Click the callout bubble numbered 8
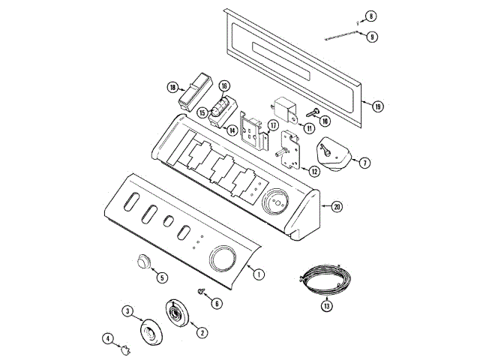pyautogui.click(x=371, y=16)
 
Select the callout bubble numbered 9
pyautogui.click(x=372, y=36)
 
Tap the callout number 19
pyautogui.click(x=377, y=106)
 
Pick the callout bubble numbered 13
pyautogui.click(x=326, y=305)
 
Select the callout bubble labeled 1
pyautogui.click(x=258, y=274)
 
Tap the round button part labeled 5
pyautogui.click(x=142, y=262)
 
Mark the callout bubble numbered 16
pyautogui.click(x=224, y=86)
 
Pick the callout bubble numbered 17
pyautogui.click(x=274, y=125)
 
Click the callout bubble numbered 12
pyautogui.click(x=314, y=171)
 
